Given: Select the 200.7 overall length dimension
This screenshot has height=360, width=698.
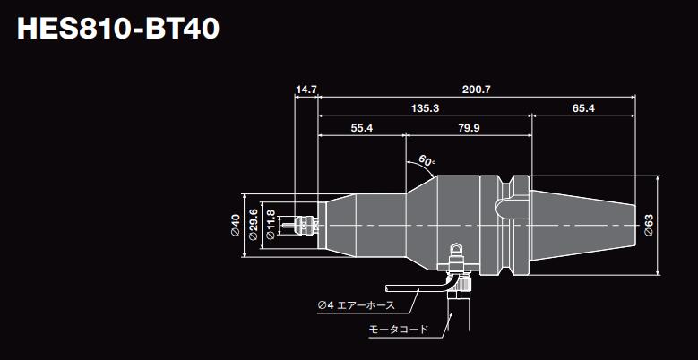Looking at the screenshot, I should [476, 90].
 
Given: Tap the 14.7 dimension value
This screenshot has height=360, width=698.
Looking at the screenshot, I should [306, 90].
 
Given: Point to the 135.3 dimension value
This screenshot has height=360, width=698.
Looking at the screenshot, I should [425, 108].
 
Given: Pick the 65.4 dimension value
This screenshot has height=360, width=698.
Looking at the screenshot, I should [582, 108].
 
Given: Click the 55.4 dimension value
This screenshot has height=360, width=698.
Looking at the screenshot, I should [362, 129].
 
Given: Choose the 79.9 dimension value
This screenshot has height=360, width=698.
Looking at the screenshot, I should [469, 129].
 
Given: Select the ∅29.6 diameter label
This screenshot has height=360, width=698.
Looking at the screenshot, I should [255, 225].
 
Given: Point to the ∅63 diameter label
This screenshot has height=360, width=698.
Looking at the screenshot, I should [648, 225].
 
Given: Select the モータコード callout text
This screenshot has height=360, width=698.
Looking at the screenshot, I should [399, 330].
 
